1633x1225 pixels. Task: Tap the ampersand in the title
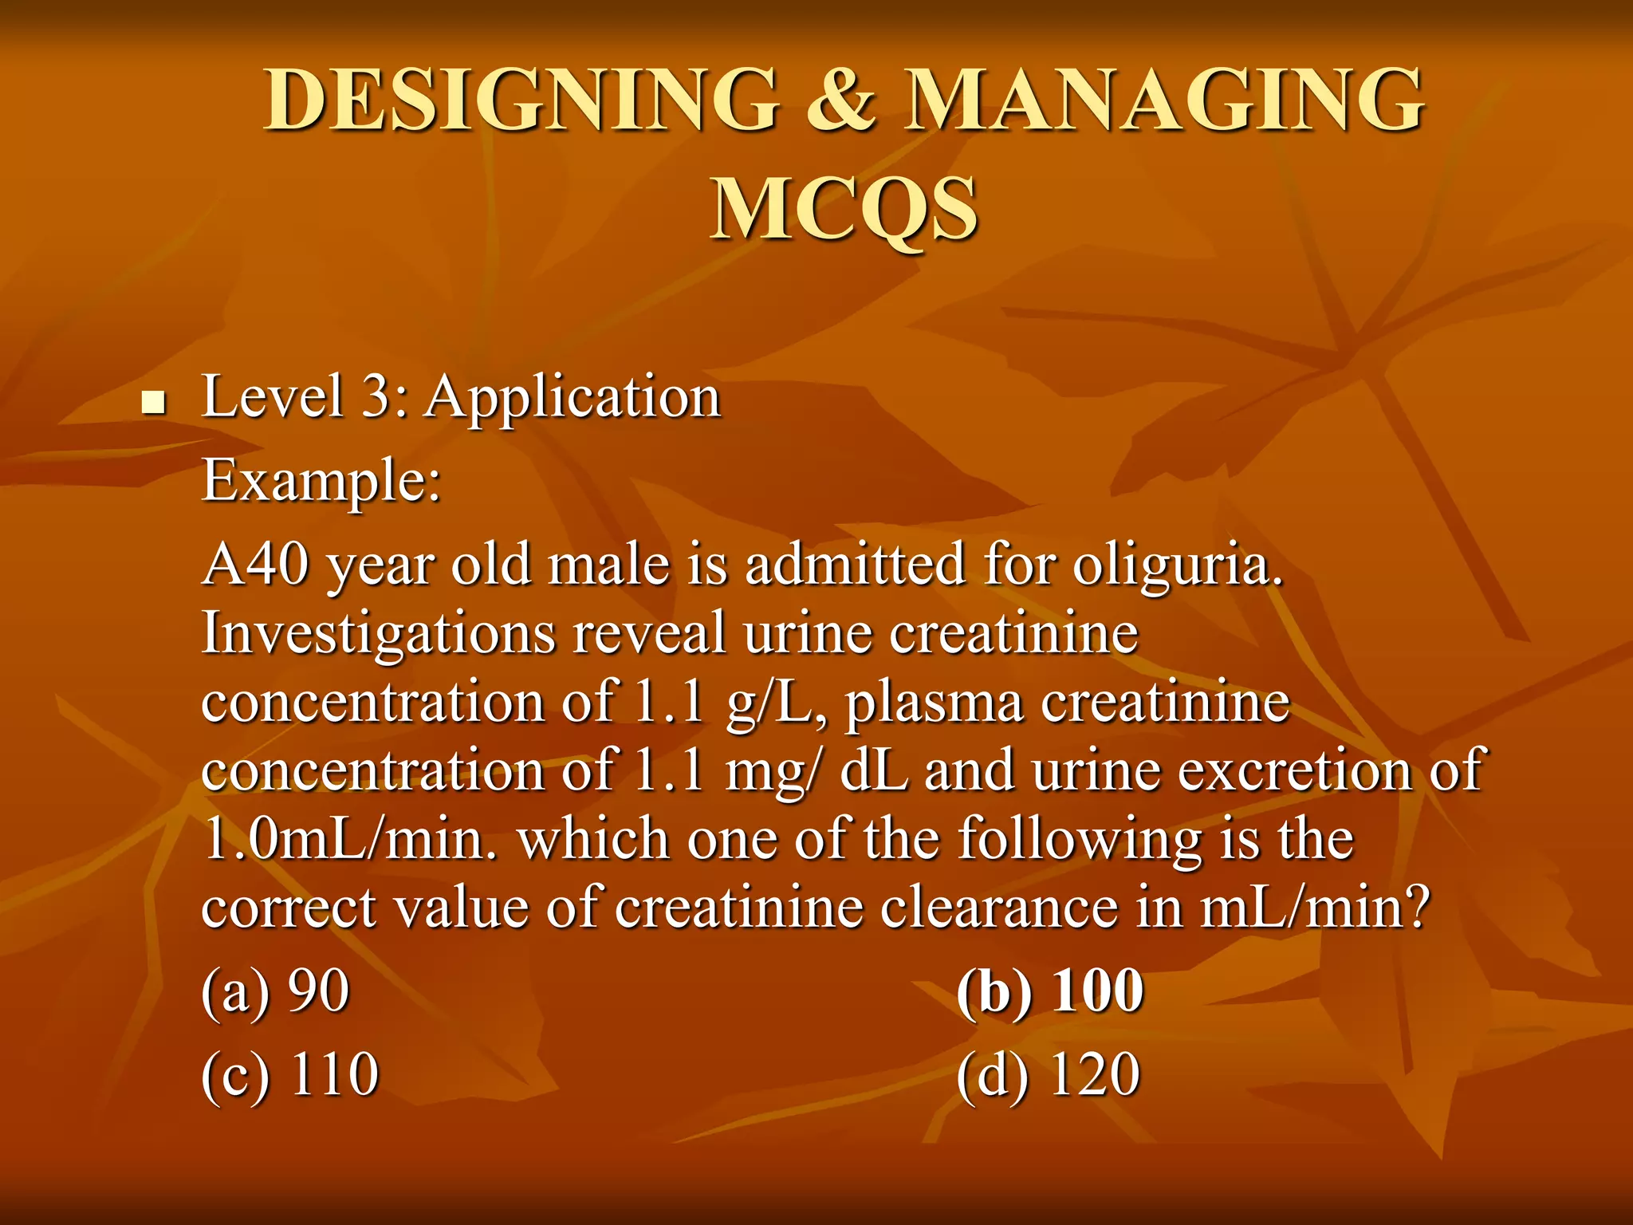(843, 100)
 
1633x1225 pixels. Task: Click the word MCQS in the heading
(844, 209)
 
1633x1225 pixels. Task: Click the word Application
(573, 396)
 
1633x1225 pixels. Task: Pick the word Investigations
(379, 635)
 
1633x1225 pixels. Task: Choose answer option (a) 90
(275, 991)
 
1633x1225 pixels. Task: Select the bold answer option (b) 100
(1049, 991)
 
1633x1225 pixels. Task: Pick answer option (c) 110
(289, 1075)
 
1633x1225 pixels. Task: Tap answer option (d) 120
(1048, 1075)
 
